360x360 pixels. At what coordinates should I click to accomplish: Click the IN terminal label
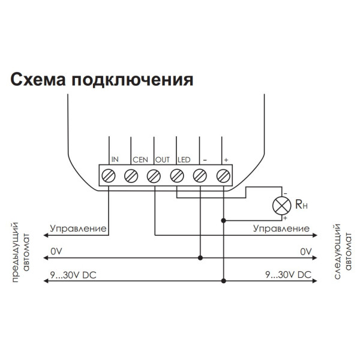point(115,160)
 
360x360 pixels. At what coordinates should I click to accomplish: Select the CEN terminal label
point(139,160)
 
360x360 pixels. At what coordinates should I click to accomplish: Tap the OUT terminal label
point(163,160)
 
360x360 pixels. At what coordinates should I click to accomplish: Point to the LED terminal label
point(184,160)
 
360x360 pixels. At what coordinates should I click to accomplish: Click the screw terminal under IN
point(109,176)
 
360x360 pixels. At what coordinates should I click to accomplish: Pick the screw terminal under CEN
point(131,176)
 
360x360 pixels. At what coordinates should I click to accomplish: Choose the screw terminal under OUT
point(154,176)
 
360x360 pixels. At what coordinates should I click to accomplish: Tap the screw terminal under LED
point(177,176)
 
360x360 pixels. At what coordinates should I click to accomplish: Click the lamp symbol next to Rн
point(280,205)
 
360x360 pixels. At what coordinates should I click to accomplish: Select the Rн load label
point(301,205)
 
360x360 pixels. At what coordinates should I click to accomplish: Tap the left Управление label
point(78,229)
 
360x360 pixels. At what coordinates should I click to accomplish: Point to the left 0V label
point(56,251)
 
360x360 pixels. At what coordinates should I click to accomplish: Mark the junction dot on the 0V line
point(200,258)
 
